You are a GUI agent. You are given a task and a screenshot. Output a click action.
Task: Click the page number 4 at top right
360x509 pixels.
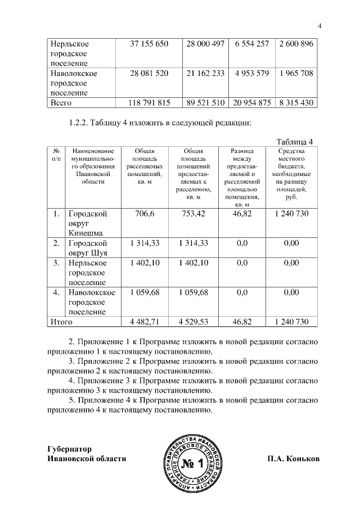click(x=319, y=26)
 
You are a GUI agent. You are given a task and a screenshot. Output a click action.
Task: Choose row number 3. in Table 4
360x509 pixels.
click(x=56, y=263)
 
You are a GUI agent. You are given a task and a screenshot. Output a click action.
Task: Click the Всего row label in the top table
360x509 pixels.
click(x=61, y=103)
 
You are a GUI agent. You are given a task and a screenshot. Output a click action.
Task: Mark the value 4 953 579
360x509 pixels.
click(x=251, y=74)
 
